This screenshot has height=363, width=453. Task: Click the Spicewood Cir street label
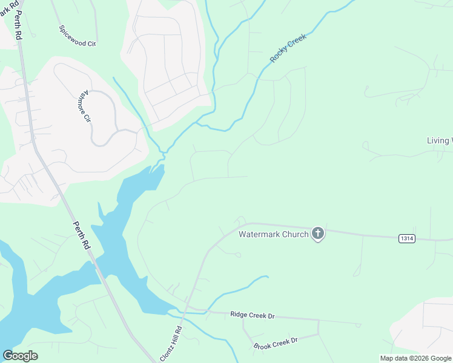[x=78, y=36]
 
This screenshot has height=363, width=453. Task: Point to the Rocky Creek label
[x=288, y=48]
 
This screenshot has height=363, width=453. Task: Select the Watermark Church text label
[x=274, y=234]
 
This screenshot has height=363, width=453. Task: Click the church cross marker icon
[x=318, y=234]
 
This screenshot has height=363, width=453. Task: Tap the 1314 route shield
[x=407, y=239]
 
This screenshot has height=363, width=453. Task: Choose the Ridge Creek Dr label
[x=253, y=315]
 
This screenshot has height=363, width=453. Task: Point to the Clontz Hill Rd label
[x=171, y=344]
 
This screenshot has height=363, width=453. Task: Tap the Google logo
[x=20, y=356]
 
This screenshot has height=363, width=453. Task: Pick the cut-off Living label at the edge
[x=439, y=141]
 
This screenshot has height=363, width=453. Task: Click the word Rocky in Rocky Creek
[x=279, y=55]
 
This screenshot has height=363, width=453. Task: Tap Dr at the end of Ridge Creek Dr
[x=271, y=316]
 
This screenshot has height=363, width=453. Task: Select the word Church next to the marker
[x=295, y=234]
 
